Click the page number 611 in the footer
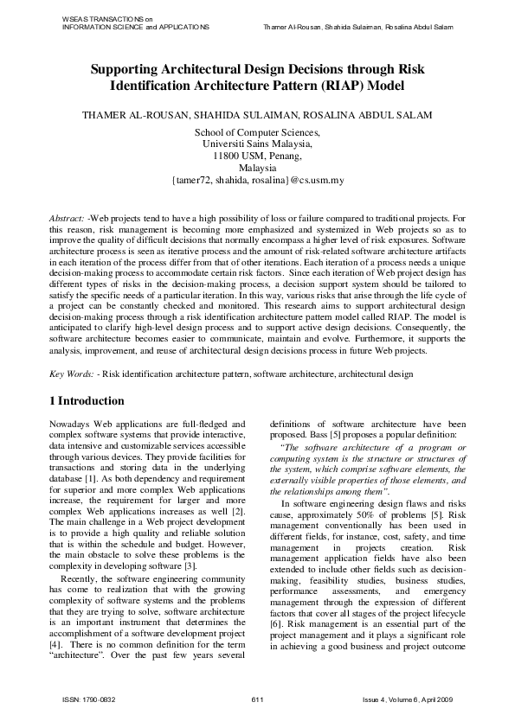click(257, 699)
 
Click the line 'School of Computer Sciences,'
click(257, 132)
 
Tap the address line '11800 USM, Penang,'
click(257, 156)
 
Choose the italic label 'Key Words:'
click(71, 373)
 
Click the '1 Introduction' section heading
click(87, 401)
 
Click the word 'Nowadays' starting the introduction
click(71, 425)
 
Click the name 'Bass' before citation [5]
click(328, 436)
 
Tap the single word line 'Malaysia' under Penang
click(257, 169)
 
